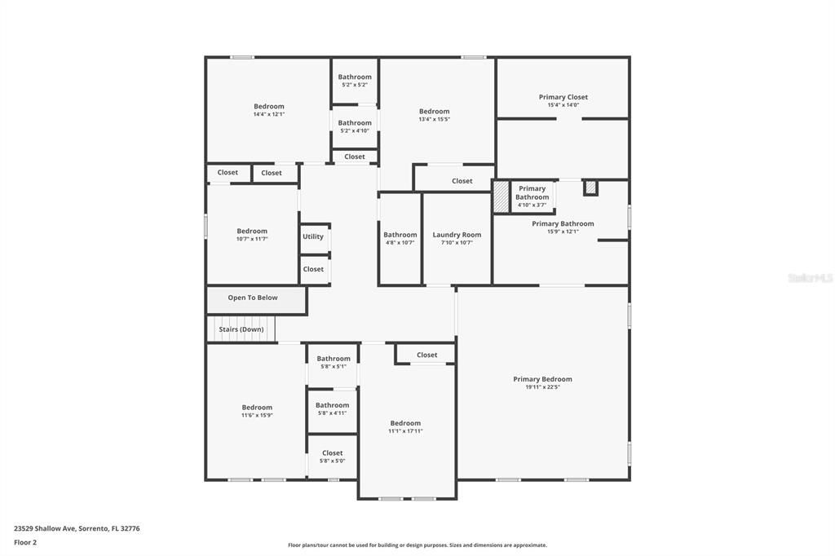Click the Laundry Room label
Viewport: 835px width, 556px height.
coord(457,235)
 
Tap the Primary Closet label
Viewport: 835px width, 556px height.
coord(563,97)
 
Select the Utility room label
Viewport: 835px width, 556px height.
coord(313,236)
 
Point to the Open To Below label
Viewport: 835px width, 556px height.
coord(253,298)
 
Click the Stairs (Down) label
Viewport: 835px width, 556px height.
coord(241,329)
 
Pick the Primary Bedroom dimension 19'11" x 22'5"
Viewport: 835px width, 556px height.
coord(542,387)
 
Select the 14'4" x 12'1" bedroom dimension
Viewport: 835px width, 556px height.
coord(269,114)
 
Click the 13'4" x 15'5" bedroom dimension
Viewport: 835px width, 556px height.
coord(434,119)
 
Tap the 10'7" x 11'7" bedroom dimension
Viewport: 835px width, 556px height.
coord(252,239)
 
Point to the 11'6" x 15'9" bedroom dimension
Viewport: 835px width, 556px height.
coord(257,415)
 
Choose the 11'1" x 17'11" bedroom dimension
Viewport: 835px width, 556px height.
coord(405,430)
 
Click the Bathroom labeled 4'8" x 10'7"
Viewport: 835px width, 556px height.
coord(400,235)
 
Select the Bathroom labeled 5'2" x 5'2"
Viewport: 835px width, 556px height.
coord(355,77)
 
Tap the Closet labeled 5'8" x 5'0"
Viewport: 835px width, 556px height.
coord(333,453)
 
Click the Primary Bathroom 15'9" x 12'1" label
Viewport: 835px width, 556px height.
coord(563,223)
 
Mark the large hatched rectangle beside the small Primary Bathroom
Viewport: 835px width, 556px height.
coord(501,197)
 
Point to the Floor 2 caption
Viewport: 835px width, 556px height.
coord(26,542)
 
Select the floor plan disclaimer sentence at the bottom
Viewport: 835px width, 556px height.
coord(417,545)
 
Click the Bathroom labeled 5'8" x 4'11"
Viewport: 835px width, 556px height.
coord(333,405)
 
